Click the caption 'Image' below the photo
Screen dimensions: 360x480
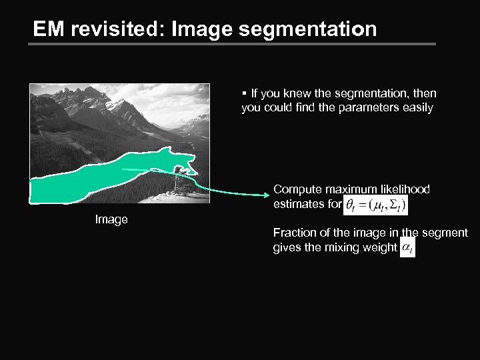coord(111,219)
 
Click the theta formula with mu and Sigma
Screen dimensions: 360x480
coord(375,205)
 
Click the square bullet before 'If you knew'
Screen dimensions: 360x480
coord(245,93)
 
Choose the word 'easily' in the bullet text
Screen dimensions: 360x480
coord(416,107)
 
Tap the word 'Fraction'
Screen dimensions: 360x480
coord(293,233)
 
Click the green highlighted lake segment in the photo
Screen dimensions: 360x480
coord(100,177)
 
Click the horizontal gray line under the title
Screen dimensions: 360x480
coord(233,45)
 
